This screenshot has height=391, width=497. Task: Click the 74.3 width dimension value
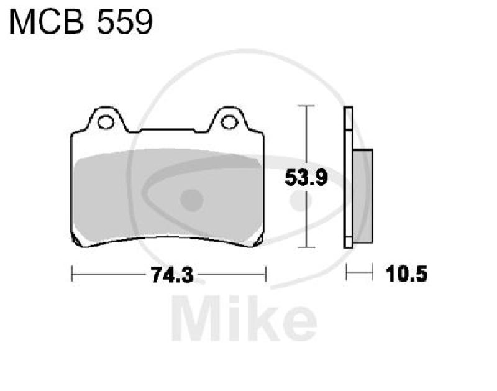(169, 274)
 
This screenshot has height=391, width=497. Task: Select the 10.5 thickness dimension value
(407, 274)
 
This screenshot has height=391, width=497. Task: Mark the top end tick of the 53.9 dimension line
(304, 107)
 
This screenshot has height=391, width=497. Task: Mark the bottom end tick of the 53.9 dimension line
(304, 247)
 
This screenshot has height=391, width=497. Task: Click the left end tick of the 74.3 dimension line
(73, 273)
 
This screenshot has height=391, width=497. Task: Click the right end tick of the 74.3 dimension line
(266, 273)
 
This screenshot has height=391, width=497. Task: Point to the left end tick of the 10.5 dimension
(346, 272)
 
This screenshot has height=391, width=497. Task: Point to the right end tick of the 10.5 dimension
(372, 272)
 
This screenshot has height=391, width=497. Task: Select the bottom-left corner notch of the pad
(76, 241)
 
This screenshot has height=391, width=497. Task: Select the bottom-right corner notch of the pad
(262, 241)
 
